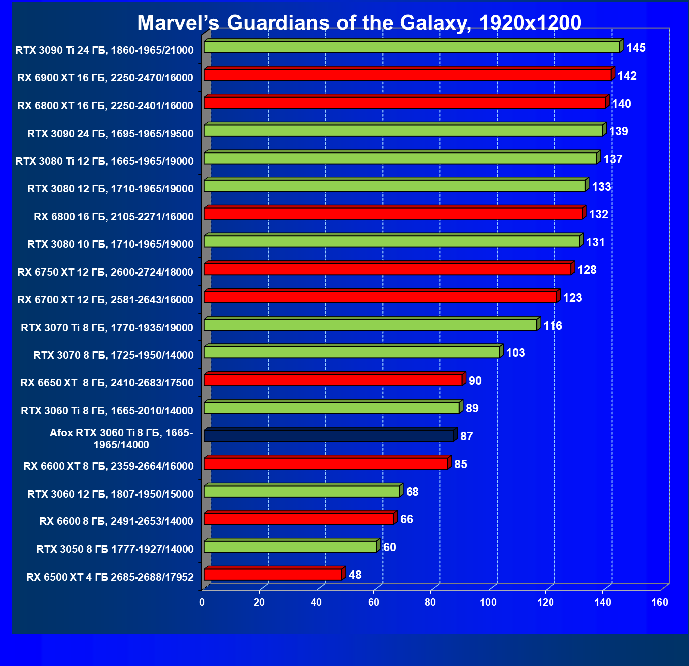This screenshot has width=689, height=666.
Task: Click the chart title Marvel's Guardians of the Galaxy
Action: (x=359, y=23)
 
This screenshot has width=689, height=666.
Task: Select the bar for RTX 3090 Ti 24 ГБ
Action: (x=412, y=47)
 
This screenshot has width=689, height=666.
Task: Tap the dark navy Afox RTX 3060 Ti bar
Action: (x=329, y=436)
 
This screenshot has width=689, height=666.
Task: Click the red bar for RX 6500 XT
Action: (x=273, y=574)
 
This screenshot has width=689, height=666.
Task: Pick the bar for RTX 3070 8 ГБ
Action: (x=352, y=352)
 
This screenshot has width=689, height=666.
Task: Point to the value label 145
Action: (x=636, y=48)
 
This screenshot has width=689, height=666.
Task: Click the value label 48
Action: (x=355, y=575)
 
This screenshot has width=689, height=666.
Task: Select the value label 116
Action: (x=553, y=326)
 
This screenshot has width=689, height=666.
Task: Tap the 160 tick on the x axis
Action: (x=660, y=603)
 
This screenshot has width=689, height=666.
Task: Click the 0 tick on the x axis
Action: (x=202, y=603)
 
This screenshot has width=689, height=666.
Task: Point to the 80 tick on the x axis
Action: (x=431, y=603)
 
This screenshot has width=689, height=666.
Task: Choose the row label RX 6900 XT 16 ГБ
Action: (x=105, y=78)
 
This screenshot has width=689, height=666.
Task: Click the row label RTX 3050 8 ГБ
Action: (x=115, y=549)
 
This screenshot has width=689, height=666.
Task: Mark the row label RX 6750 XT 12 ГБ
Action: (x=105, y=272)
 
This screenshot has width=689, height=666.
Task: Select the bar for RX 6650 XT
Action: (x=333, y=380)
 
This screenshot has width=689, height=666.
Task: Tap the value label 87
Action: (x=467, y=436)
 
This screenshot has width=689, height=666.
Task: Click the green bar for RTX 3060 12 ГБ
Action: (x=302, y=491)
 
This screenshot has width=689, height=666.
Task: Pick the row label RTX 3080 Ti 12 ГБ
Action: (x=105, y=161)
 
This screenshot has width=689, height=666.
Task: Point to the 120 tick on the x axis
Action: (x=546, y=603)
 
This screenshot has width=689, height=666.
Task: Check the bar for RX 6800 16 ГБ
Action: (x=394, y=214)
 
